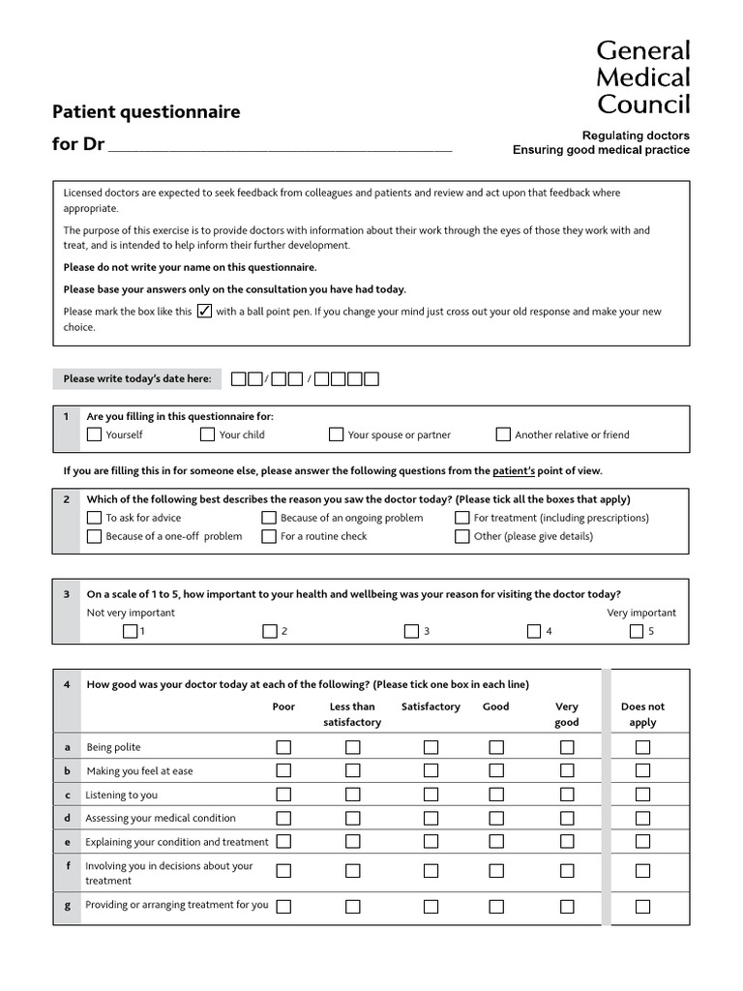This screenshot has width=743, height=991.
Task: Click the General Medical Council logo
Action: pyautogui.click(x=642, y=77)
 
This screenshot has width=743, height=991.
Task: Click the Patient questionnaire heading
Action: pyautogui.click(x=146, y=112)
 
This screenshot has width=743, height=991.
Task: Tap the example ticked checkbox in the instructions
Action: pyautogui.click(x=204, y=312)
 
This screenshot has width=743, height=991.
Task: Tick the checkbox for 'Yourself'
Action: pyautogui.click(x=94, y=435)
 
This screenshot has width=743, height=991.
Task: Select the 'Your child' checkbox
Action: pyautogui.click(x=207, y=435)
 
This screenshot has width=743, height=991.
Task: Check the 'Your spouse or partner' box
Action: pyautogui.click(x=336, y=435)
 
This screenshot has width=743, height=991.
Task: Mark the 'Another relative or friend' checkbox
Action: pyautogui.click(x=503, y=435)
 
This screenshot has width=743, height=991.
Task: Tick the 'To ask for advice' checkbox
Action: pyautogui.click(x=94, y=518)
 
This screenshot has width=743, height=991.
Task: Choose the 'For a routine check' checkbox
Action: pyautogui.click(x=269, y=536)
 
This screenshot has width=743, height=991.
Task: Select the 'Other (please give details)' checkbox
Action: pyautogui.click(x=462, y=536)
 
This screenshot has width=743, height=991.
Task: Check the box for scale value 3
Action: pyautogui.click(x=412, y=632)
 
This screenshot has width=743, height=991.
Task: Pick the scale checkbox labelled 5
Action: pyautogui.click(x=637, y=632)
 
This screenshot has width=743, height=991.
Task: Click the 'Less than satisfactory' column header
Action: pyautogui.click(x=352, y=714)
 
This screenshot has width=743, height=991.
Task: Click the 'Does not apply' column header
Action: pyautogui.click(x=642, y=714)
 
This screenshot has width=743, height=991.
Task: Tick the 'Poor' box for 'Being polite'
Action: pyautogui.click(x=283, y=747)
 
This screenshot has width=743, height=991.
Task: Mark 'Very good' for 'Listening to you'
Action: pyautogui.click(x=567, y=795)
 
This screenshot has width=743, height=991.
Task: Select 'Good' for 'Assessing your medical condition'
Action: pyautogui.click(x=496, y=818)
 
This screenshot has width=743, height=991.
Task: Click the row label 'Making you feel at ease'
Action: pyautogui.click(x=139, y=771)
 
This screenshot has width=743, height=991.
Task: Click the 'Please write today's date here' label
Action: pyautogui.click(x=137, y=378)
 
